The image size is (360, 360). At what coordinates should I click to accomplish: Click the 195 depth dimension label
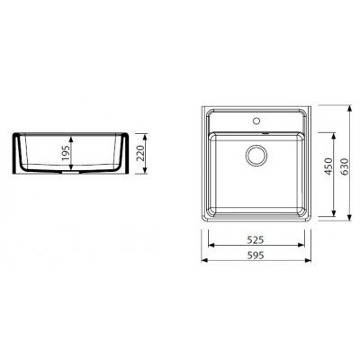coord(66,151)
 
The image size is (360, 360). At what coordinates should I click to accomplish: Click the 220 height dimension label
coord(140,153)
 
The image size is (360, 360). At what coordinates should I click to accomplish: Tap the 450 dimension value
coord(329,166)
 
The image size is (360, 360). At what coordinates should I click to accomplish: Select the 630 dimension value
coord(345,166)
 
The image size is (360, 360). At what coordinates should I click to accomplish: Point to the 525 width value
coord(256,239)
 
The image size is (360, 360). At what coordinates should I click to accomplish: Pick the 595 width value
coord(256,256)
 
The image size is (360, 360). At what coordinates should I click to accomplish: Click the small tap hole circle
coord(256,121)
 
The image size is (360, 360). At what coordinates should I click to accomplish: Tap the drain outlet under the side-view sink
coord(71,173)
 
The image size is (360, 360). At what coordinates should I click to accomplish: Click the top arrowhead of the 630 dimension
coord(349,109)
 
